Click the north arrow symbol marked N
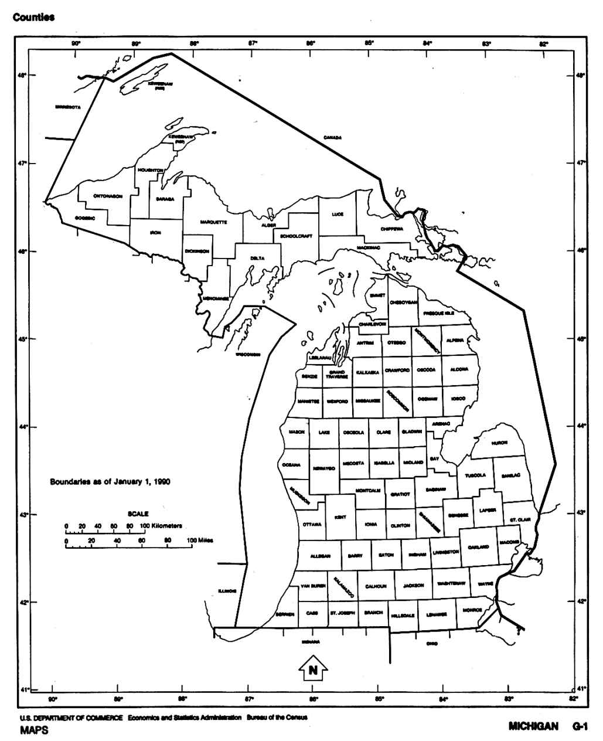coord(314,669)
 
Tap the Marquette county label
coord(213,222)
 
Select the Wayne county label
coord(485,584)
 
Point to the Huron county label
coord(499,443)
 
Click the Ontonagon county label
coord(108,196)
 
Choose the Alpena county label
coord(455,340)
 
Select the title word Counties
coord(34,17)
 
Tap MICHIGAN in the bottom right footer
coord(533,727)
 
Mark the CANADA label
coord(332,138)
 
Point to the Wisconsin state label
coord(248,355)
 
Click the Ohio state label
coord(432,643)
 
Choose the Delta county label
coord(257,258)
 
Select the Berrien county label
coord(285,614)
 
